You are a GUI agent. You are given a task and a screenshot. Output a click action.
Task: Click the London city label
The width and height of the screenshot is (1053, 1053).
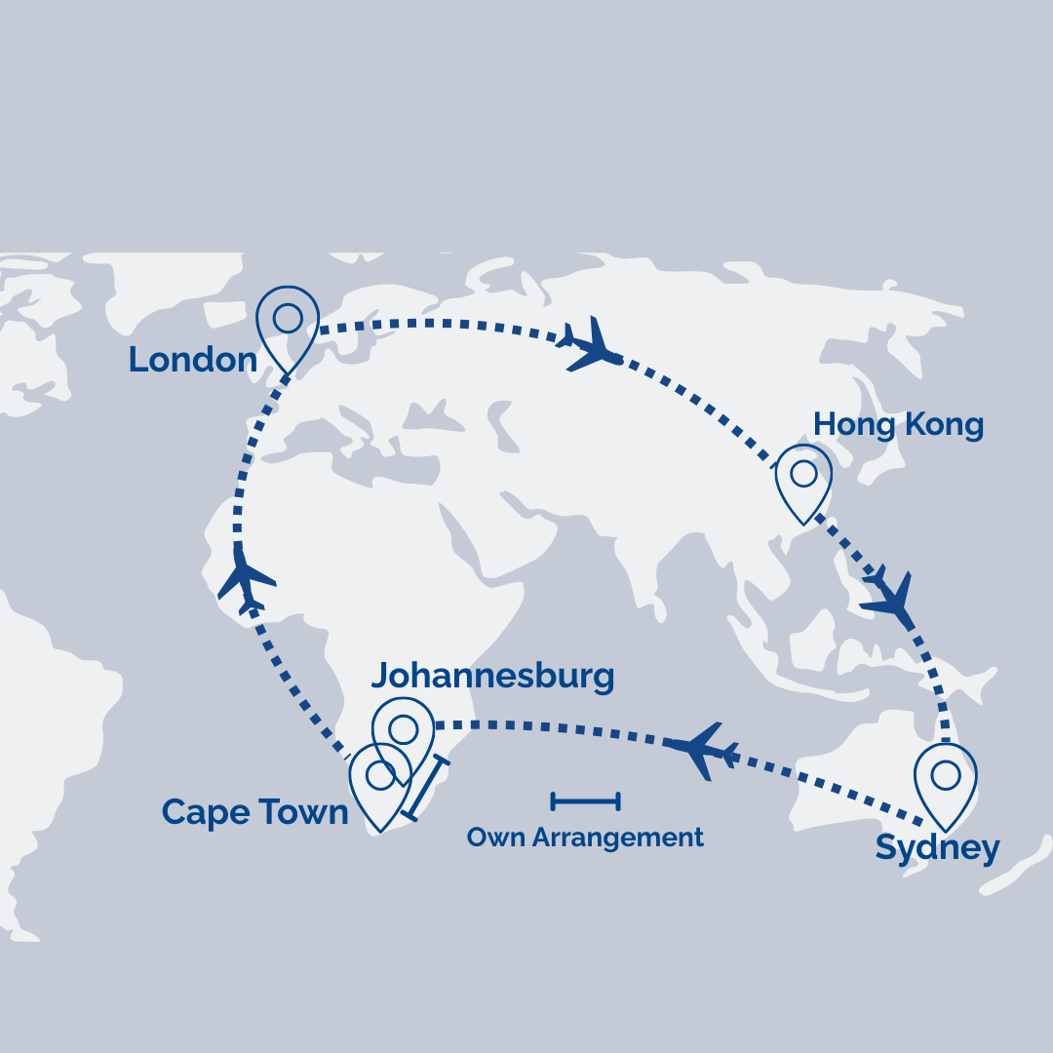192,360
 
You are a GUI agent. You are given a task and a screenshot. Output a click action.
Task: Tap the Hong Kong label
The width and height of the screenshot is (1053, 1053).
898,425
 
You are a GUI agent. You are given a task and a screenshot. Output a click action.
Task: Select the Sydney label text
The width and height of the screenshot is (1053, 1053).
937,848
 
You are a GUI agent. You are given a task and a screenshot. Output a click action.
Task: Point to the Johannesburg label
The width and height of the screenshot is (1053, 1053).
492,675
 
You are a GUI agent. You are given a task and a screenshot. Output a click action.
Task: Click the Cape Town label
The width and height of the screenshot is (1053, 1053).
254,812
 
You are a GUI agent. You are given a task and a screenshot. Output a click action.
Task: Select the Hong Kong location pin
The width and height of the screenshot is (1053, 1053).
803,481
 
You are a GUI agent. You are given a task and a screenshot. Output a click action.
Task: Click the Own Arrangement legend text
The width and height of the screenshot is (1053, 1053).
585,838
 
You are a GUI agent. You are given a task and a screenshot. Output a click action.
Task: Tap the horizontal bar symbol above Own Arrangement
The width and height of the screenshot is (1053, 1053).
585,801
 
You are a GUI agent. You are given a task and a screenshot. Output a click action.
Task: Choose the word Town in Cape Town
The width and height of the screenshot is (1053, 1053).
307,812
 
